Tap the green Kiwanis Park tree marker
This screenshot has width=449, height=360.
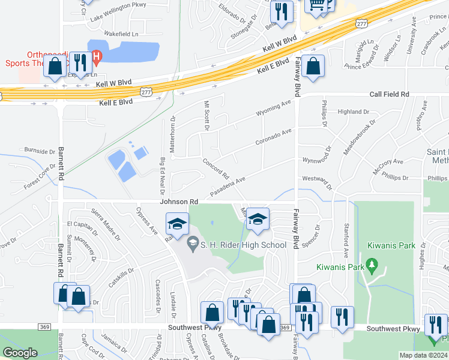372,264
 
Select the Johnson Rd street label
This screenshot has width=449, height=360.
179,202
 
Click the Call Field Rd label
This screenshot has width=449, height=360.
389,94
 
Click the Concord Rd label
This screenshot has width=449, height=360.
216,169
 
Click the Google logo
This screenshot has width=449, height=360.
20,353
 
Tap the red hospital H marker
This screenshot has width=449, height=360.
98,55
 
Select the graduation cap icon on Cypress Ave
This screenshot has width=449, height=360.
177,224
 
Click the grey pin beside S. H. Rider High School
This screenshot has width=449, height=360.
193,243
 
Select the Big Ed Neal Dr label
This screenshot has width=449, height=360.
162,176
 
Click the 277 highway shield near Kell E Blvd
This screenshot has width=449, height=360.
146,91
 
